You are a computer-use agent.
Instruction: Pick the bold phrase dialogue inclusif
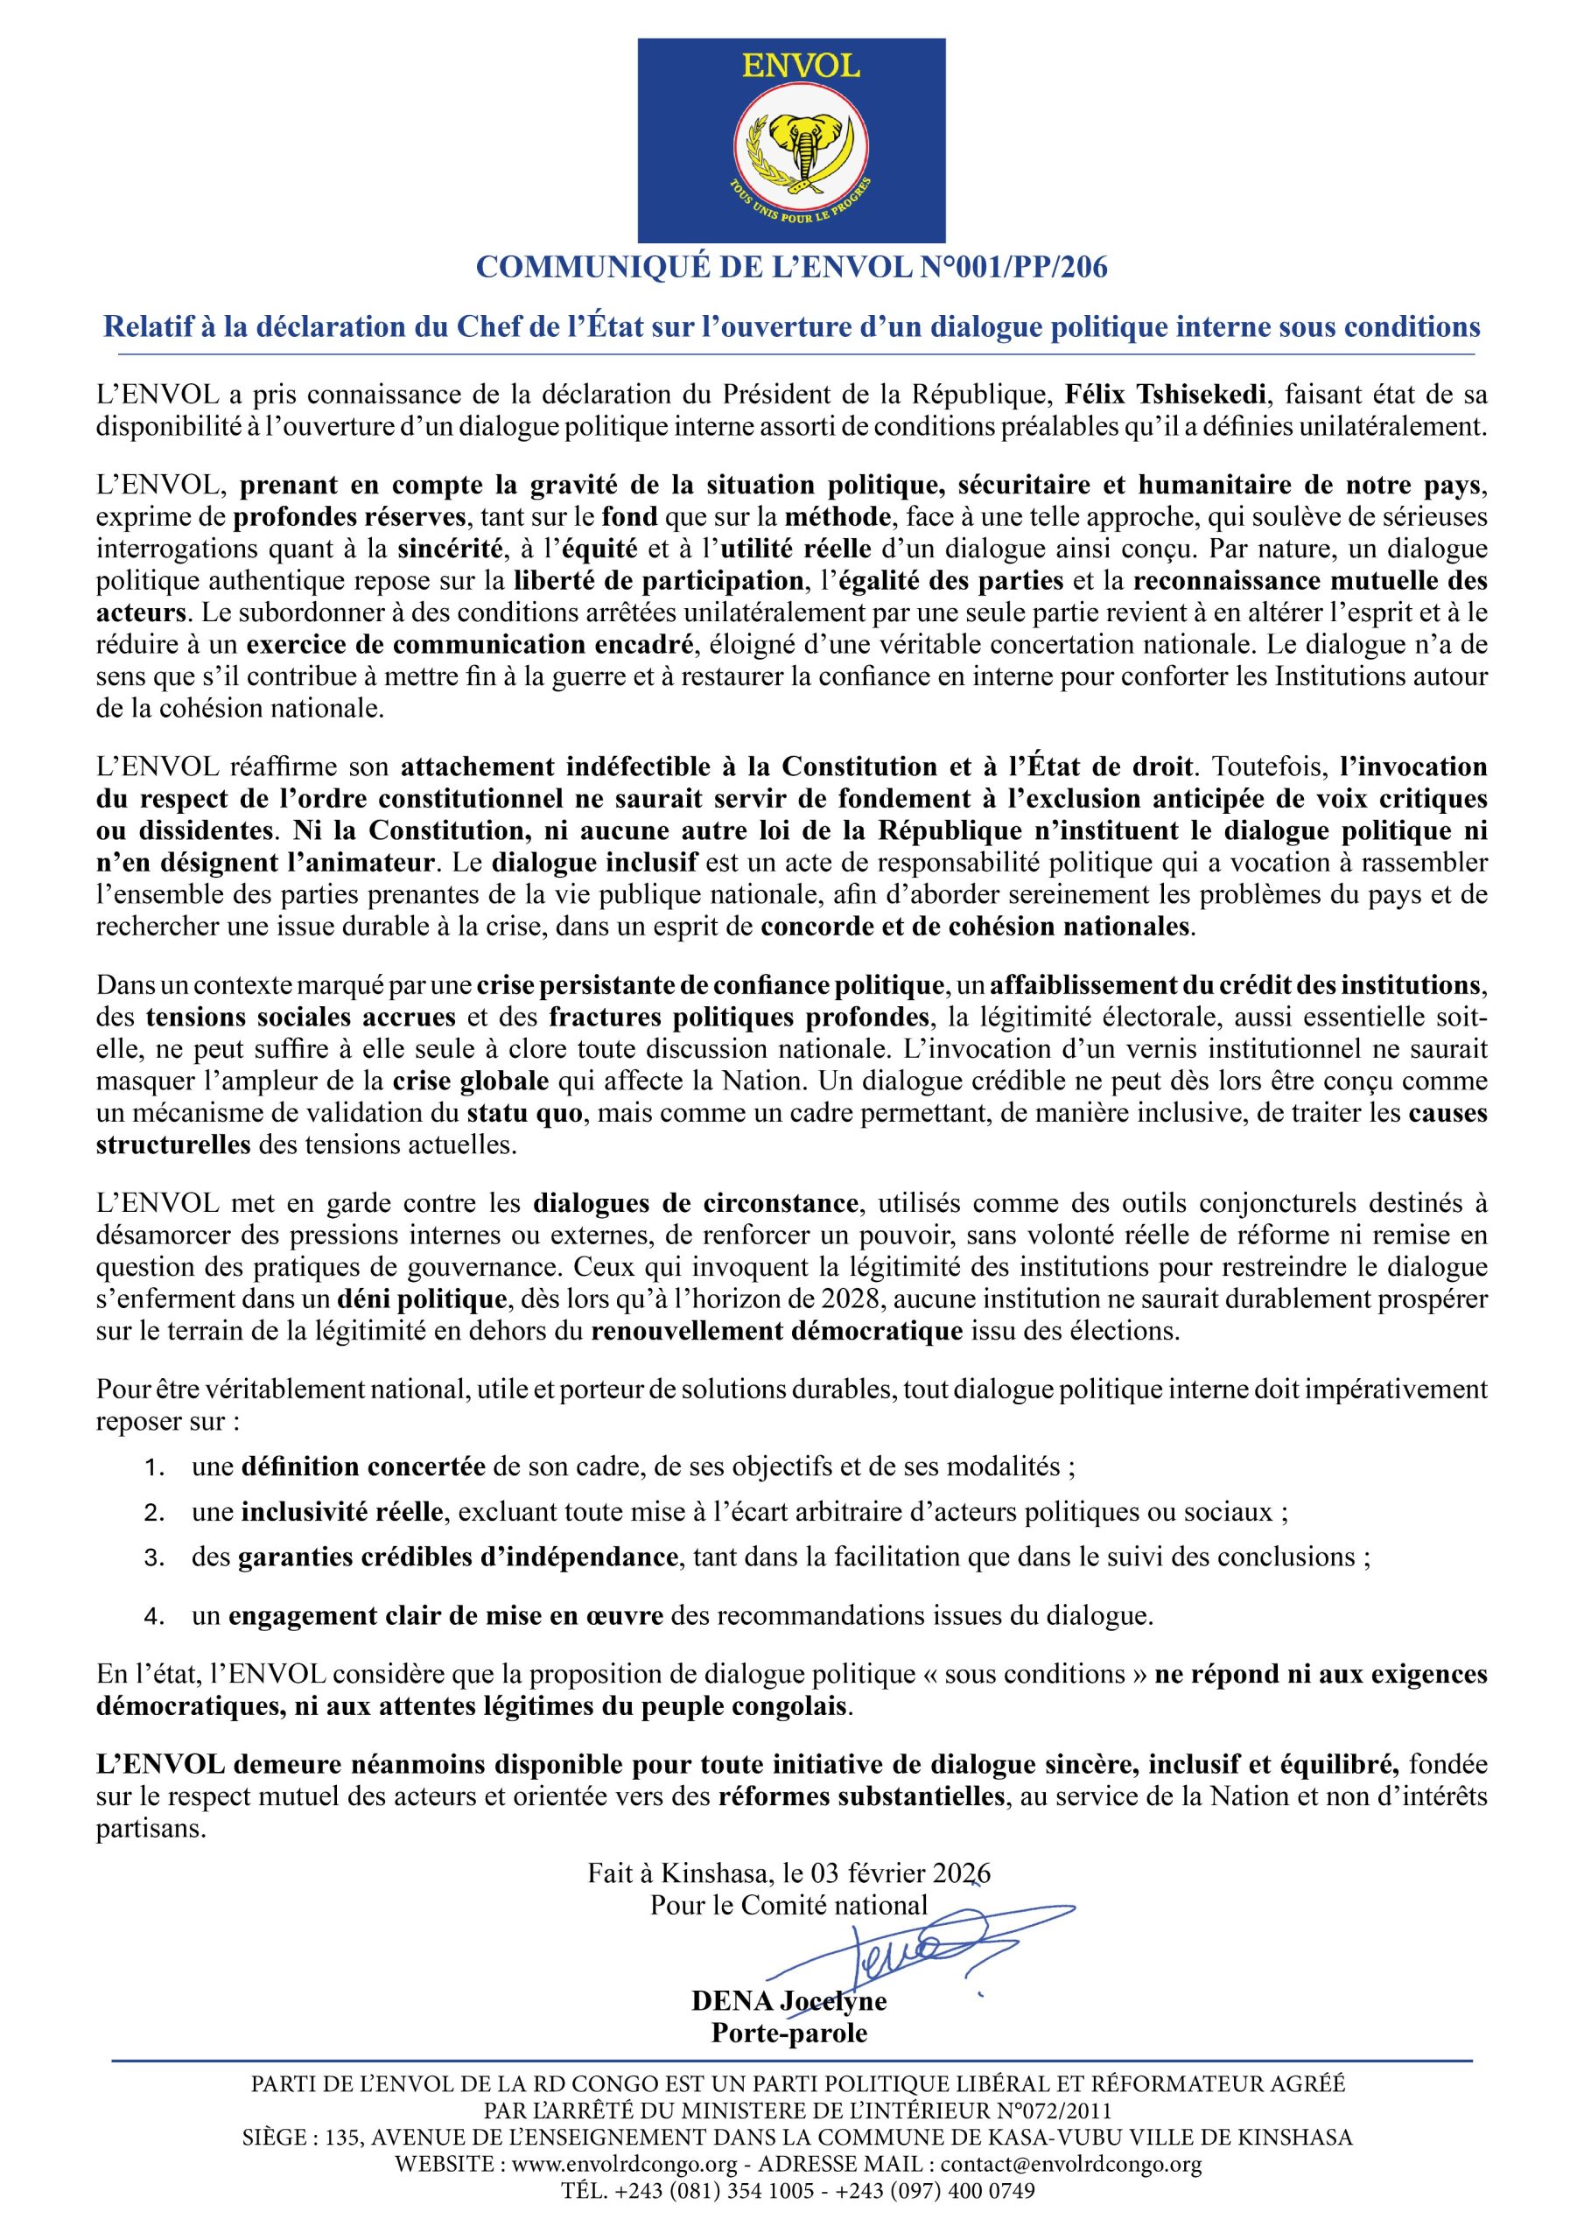pos(594,863)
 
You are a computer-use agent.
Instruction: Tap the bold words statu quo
pos(522,1112)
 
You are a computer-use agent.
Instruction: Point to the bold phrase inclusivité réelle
pos(344,1512)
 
